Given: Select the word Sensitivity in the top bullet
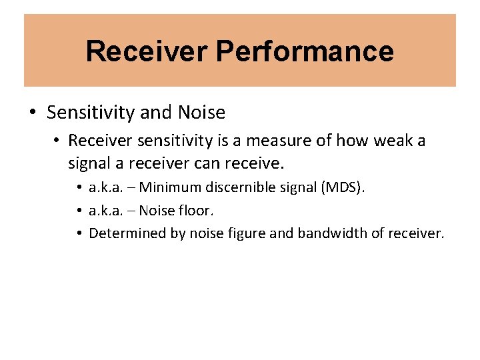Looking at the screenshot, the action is tap(91, 113).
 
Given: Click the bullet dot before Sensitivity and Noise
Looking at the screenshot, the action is tap(33, 113).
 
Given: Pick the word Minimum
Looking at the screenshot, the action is tap(171, 188).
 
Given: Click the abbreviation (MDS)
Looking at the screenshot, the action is tap(343, 188).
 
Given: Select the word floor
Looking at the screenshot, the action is tap(200, 211).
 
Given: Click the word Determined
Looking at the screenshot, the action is tap(123, 233).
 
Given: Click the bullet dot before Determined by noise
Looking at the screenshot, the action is tap(79, 233).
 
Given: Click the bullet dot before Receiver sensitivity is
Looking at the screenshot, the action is tap(58, 141).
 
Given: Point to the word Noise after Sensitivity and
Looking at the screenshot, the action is tap(201, 113).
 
